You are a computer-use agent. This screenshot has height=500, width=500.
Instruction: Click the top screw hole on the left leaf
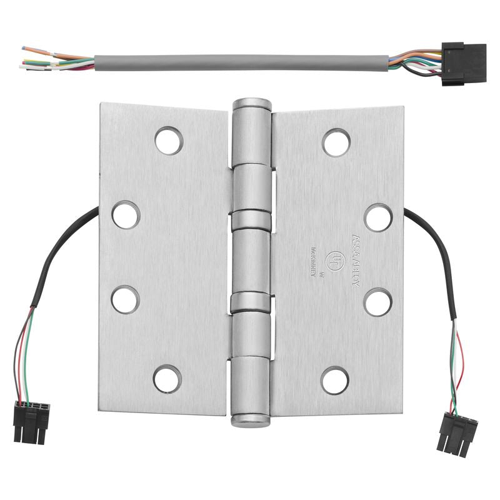click(169, 141)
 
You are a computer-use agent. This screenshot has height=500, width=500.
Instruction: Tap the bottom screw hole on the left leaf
click(167, 379)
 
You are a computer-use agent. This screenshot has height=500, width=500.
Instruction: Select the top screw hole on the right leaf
click(336, 142)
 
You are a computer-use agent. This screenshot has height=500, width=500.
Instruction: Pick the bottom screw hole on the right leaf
click(335, 380)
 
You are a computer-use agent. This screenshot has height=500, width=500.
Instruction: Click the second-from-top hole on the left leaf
click(126, 214)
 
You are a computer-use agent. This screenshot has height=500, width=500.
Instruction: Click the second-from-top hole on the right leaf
click(378, 217)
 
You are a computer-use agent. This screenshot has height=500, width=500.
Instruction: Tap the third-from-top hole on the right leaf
click(378, 302)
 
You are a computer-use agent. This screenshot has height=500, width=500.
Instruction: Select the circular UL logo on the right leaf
click(338, 259)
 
